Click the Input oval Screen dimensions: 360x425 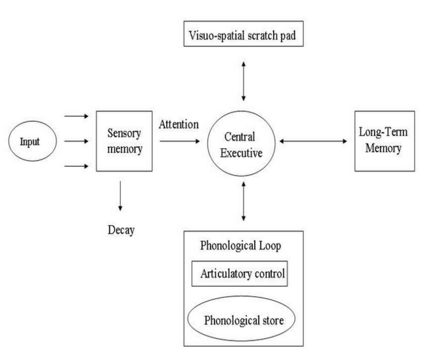click(x=32, y=141)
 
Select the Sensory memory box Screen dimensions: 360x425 click(x=124, y=141)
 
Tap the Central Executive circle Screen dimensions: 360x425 click(x=241, y=143)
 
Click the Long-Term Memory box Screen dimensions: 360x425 click(x=384, y=141)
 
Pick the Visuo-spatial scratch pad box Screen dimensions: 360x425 click(x=243, y=34)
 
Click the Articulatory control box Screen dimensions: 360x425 click(x=240, y=274)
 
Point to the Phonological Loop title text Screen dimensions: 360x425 click(x=240, y=245)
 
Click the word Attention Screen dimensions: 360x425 click(x=179, y=124)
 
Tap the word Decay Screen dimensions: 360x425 click(x=121, y=230)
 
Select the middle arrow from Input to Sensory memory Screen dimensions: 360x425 click(x=76, y=141)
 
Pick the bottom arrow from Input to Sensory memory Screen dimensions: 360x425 click(x=76, y=166)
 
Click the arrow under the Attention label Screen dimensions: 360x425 click(x=180, y=141)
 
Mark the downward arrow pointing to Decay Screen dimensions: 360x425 click(x=120, y=196)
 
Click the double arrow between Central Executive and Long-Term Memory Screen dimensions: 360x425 click(x=313, y=141)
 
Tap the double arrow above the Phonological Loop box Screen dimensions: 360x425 click(x=244, y=201)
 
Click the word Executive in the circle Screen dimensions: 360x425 click(x=241, y=153)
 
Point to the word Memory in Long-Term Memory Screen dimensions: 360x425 click(x=384, y=148)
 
